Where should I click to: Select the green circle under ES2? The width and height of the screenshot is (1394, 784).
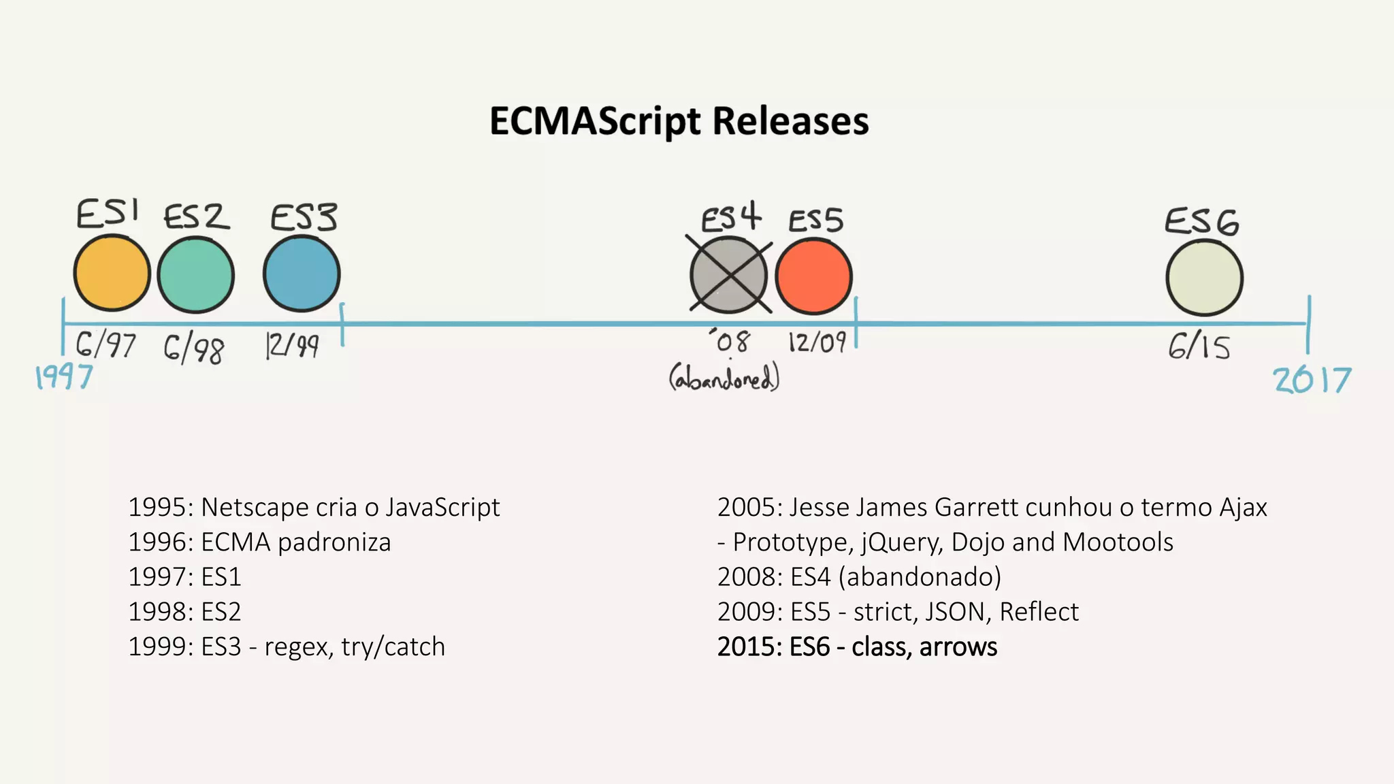click(x=196, y=275)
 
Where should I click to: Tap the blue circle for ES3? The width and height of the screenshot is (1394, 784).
click(x=302, y=274)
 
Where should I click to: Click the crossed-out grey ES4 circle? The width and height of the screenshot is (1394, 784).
click(x=729, y=275)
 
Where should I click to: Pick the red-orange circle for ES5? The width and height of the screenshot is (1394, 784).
click(x=813, y=276)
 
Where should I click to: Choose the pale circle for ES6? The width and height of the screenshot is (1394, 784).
click(x=1204, y=278)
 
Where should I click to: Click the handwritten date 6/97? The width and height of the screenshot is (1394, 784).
click(x=106, y=345)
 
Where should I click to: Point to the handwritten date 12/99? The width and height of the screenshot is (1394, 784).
click(x=292, y=346)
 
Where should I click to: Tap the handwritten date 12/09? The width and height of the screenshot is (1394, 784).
click(x=817, y=342)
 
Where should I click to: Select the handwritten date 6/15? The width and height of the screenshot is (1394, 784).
click(x=1199, y=347)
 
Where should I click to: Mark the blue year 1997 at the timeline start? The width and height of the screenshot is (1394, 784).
click(x=64, y=376)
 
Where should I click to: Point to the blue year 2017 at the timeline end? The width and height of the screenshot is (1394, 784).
click(x=1312, y=380)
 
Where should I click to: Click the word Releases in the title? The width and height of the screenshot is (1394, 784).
click(x=790, y=121)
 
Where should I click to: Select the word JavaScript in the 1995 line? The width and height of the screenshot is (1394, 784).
click(x=442, y=508)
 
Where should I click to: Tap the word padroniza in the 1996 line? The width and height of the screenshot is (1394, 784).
click(x=334, y=542)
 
